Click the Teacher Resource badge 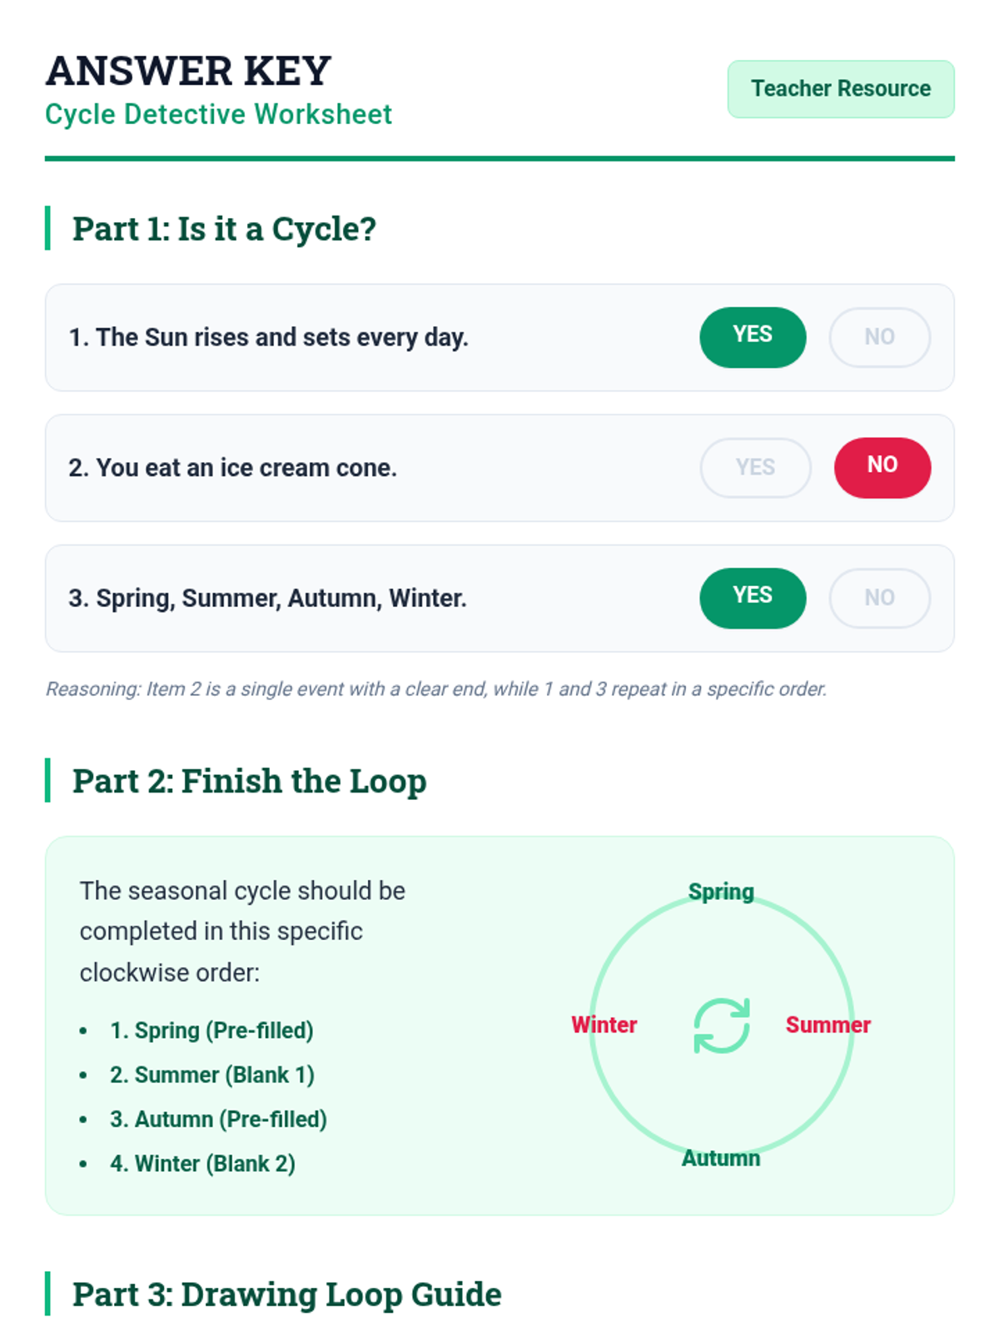pyautogui.click(x=840, y=88)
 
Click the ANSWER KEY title pyautogui.click(x=188, y=71)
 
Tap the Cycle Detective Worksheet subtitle pyautogui.click(x=218, y=114)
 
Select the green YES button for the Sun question pyautogui.click(x=752, y=337)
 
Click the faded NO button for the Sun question pyautogui.click(x=879, y=337)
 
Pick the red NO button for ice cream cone pyautogui.click(x=882, y=467)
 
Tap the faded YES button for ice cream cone pyautogui.click(x=755, y=467)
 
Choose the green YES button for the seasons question pyautogui.click(x=752, y=598)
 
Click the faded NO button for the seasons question pyautogui.click(x=879, y=598)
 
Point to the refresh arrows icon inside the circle pyautogui.click(x=721, y=1025)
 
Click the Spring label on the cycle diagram pyautogui.click(x=721, y=892)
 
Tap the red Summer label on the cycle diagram pyautogui.click(x=828, y=1024)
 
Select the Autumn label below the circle pyautogui.click(x=721, y=1158)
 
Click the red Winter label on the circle pyautogui.click(x=604, y=1024)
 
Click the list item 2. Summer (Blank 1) pyautogui.click(x=212, y=1075)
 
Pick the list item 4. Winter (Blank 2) pyautogui.click(x=202, y=1163)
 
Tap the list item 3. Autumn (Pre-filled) pyautogui.click(x=218, y=1119)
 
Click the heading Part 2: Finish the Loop pyautogui.click(x=249, y=780)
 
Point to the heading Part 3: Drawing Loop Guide pyautogui.click(x=287, y=1294)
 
